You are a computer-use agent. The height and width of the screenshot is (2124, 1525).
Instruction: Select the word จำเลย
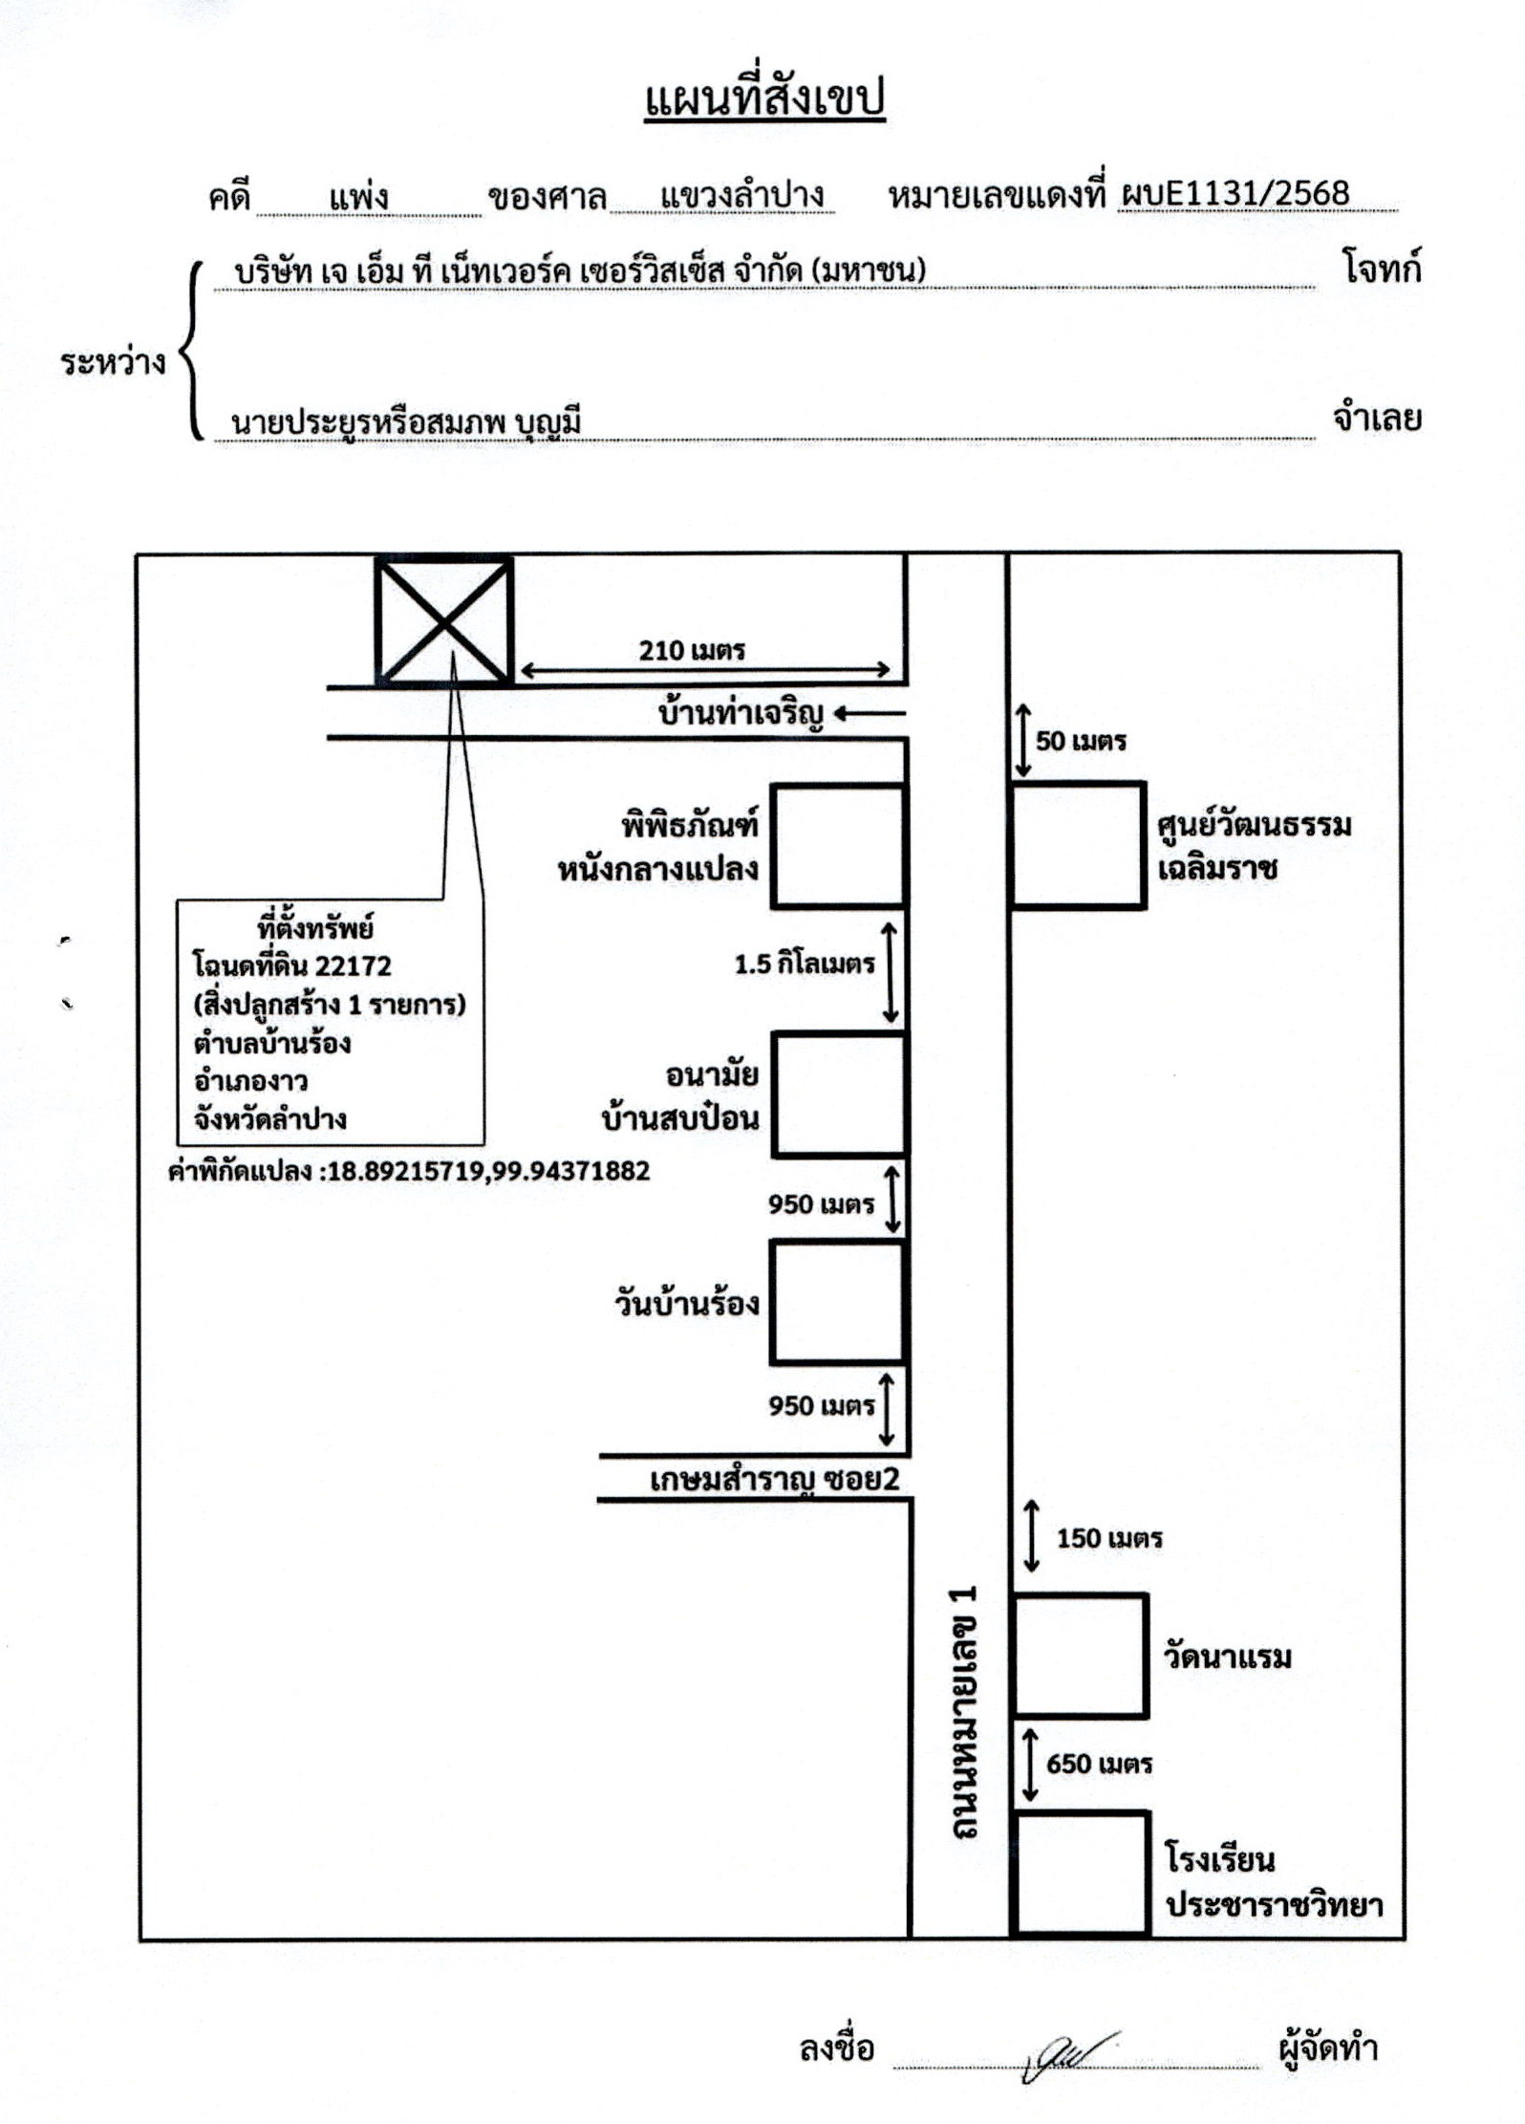tap(1377, 419)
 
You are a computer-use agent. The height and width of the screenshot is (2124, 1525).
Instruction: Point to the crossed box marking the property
tap(443, 621)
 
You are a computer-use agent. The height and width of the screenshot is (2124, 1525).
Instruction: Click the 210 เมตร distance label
tap(692, 651)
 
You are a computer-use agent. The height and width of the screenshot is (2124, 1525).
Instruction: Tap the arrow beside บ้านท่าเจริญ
tap(870, 713)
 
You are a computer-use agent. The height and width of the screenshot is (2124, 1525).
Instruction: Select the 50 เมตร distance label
tap(1081, 741)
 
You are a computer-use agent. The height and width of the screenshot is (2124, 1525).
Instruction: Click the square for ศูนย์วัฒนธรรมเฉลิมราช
tap(1078, 845)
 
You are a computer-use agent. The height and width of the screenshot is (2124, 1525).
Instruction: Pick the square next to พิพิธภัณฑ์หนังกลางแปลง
tap(838, 845)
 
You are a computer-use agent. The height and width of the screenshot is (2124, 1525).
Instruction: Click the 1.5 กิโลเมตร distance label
tap(805, 964)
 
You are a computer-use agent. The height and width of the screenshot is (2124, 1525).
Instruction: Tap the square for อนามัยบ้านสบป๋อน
tap(838, 1094)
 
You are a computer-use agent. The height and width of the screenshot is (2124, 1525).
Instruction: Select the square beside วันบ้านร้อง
tap(837, 1302)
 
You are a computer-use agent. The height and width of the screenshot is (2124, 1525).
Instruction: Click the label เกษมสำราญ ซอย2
tap(775, 1480)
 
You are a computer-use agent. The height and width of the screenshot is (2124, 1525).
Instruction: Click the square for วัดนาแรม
tap(1080, 1655)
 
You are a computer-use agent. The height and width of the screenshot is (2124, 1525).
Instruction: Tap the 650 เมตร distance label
tap(1099, 1764)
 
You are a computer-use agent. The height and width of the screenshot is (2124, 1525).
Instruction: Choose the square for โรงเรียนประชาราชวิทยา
tap(1080, 1874)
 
